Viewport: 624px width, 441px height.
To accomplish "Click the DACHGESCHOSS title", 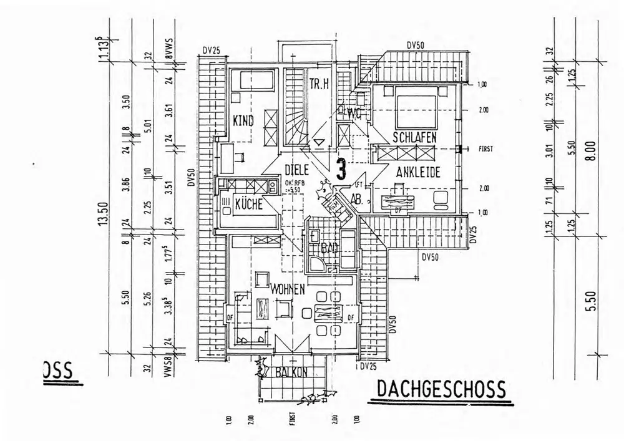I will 441,389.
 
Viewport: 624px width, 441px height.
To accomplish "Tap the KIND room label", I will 243,121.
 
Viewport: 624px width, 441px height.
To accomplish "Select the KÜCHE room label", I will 248,203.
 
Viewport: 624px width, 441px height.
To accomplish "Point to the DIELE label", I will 298,169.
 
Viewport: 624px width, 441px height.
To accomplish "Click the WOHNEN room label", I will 287,289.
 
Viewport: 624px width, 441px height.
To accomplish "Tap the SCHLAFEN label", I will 414,137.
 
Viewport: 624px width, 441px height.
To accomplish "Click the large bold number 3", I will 341,168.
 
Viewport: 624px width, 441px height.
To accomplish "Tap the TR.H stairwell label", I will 318,85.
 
